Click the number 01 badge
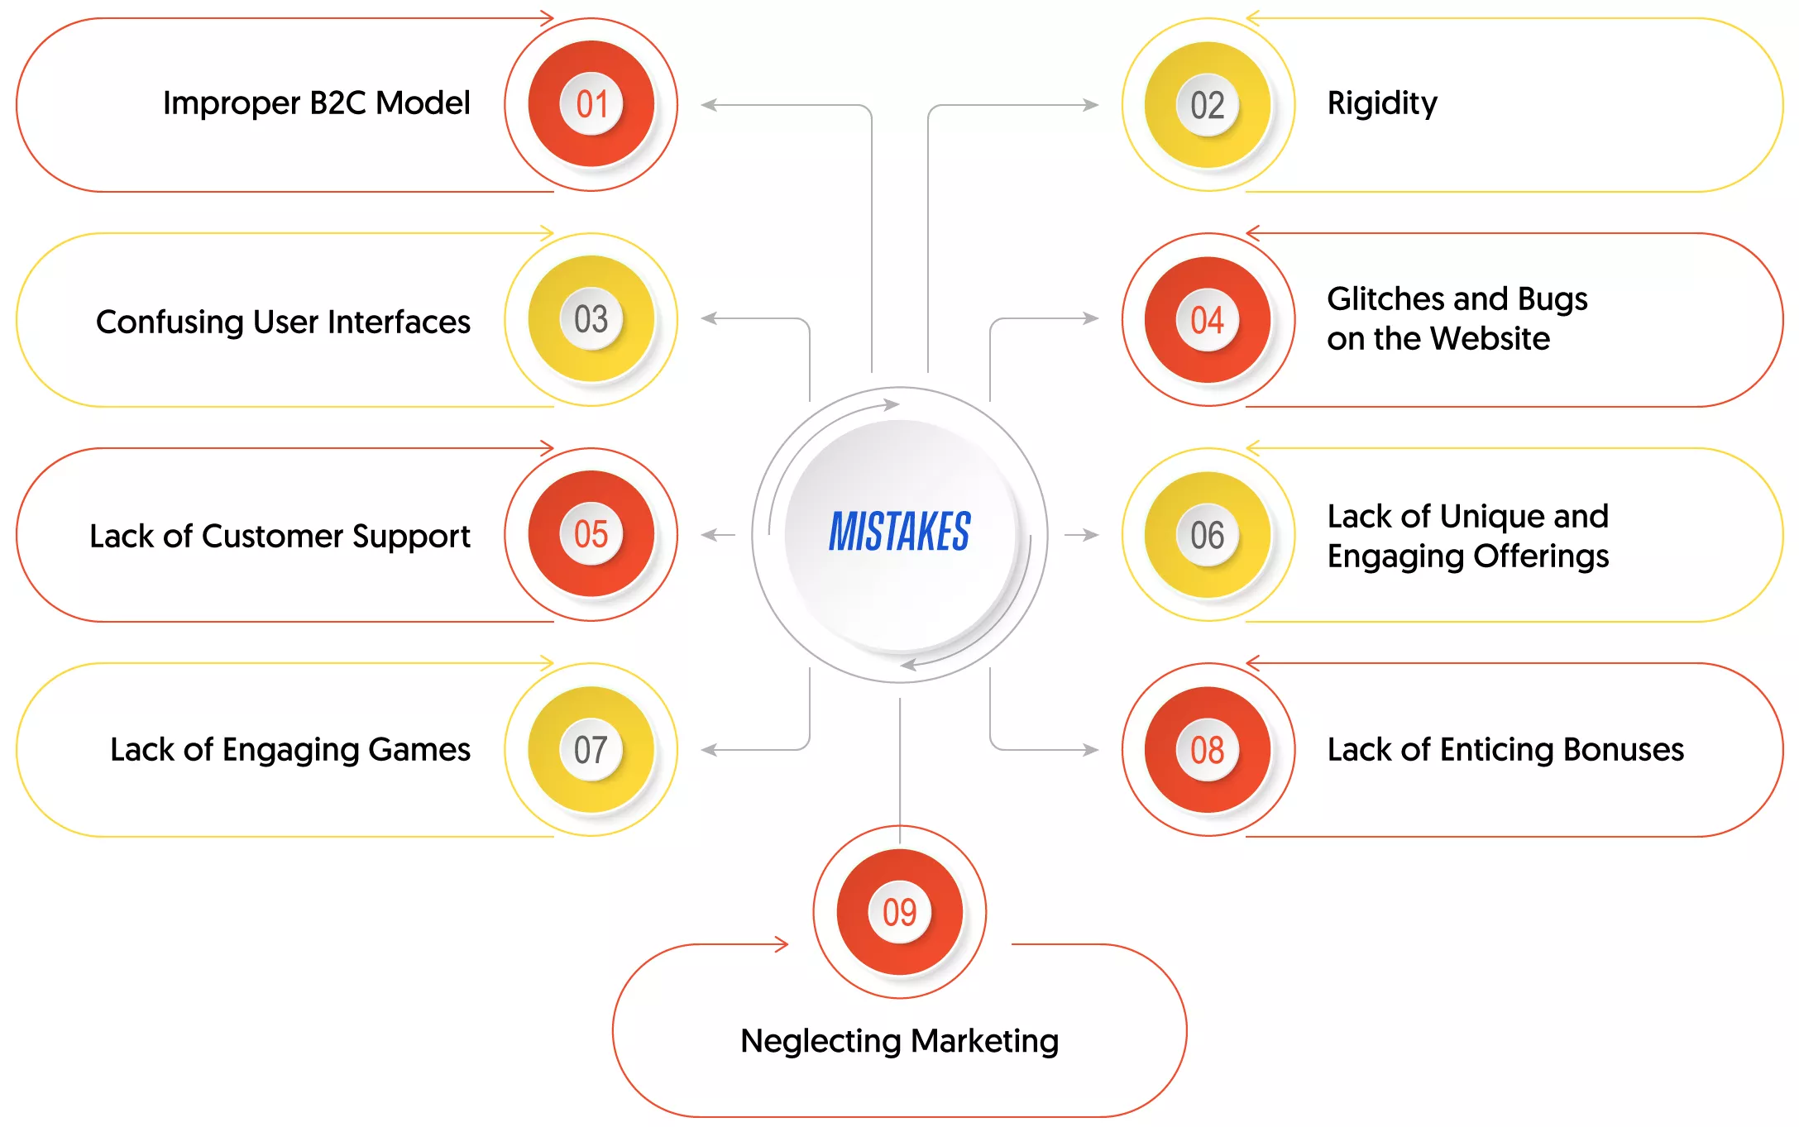[x=591, y=104]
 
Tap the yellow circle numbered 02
[x=1208, y=105]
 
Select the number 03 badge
[x=591, y=319]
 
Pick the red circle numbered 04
[x=1208, y=320]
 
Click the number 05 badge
[x=591, y=534]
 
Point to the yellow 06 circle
[x=1208, y=535]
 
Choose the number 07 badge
[x=591, y=749]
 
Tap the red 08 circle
[x=1208, y=750]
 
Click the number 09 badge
[x=900, y=912]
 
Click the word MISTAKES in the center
[x=900, y=531]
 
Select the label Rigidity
[x=1382, y=104]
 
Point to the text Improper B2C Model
[x=317, y=103]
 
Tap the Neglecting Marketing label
[x=900, y=1041]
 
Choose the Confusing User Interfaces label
[x=284, y=322]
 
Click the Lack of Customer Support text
[x=280, y=536]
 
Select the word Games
[x=419, y=749]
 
